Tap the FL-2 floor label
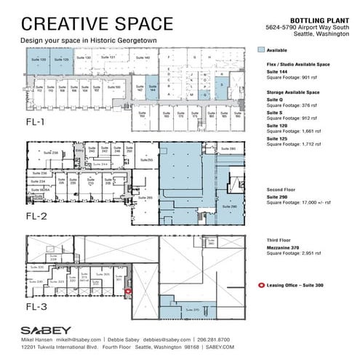pyautogui.click(x=36, y=216)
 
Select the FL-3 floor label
pyautogui.click(x=36, y=308)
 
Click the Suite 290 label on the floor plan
pyautogui.click(x=234, y=207)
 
